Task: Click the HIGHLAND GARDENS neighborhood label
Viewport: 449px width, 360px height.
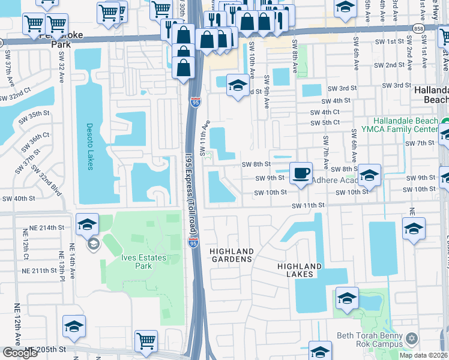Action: point(232,255)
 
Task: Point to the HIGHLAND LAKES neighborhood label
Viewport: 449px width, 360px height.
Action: point(300,270)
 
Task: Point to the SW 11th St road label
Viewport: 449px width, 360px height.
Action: point(308,205)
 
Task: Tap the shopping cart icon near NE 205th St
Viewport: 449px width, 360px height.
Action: point(146,341)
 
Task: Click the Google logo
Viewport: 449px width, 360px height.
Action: point(20,353)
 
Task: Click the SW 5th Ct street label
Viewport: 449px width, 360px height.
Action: point(325,122)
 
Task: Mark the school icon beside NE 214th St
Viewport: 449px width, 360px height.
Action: point(88,225)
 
